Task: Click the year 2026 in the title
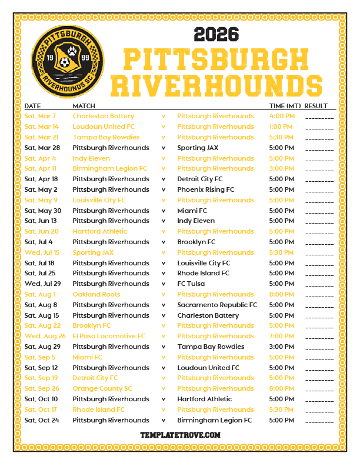coord(216,34)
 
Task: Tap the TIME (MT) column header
coord(285,106)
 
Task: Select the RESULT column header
coord(316,106)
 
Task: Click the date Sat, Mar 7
coord(41,116)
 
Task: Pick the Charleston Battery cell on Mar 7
coord(103,116)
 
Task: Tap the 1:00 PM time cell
coord(281,127)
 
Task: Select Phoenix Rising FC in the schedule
coord(205,189)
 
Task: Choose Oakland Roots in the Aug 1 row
coord(96,294)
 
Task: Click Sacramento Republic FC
coord(216,305)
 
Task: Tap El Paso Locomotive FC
coord(108,336)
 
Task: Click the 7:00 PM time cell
coord(281,336)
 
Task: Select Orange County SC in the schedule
coord(102,388)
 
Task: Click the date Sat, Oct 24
coord(41,420)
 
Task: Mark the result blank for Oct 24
coord(319,421)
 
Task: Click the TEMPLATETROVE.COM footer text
coord(180,435)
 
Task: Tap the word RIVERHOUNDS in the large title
coord(216,85)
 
